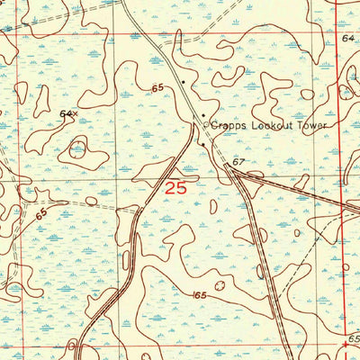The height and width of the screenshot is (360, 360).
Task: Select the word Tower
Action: tap(307, 127)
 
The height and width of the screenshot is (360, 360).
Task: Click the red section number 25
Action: tap(177, 187)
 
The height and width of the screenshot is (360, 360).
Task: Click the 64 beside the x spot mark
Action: tap(65, 114)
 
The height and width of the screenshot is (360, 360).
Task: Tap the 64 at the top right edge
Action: tap(348, 39)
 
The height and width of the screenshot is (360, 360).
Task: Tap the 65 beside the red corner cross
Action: tap(354, 335)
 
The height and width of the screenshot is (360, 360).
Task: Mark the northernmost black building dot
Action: tap(184, 78)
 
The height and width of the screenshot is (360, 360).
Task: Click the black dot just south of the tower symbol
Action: tap(203, 144)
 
